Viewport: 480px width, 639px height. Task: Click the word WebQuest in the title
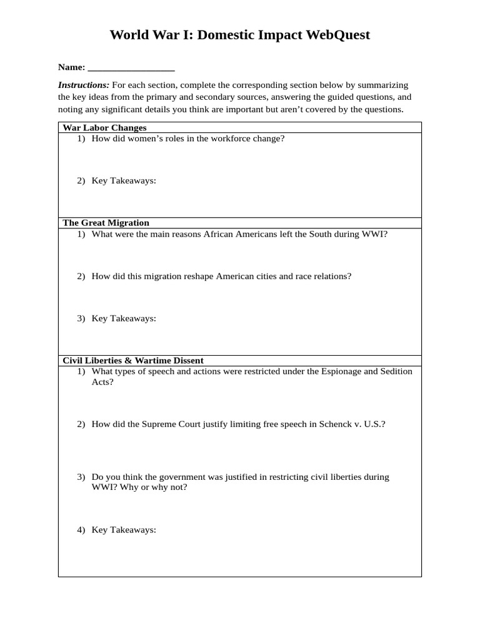coord(337,35)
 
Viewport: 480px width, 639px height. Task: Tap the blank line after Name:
coord(131,67)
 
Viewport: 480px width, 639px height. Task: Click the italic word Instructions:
coord(84,85)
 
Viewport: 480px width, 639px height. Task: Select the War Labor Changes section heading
coord(104,127)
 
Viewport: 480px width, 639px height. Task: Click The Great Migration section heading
coord(106,223)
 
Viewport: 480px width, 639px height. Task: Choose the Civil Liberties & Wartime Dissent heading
coord(133,361)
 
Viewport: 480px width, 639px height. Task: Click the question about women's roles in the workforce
coord(187,139)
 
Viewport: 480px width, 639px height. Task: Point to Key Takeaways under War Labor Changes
coord(124,181)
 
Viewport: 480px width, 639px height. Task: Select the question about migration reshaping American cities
coord(221,276)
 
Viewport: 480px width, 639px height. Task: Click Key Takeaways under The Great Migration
coord(124,318)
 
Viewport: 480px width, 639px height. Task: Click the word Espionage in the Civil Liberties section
coord(341,371)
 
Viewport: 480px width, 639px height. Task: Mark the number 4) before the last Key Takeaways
coord(81,530)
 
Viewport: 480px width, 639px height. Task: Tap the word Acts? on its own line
coord(102,382)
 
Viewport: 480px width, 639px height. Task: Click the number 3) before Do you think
coord(81,477)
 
